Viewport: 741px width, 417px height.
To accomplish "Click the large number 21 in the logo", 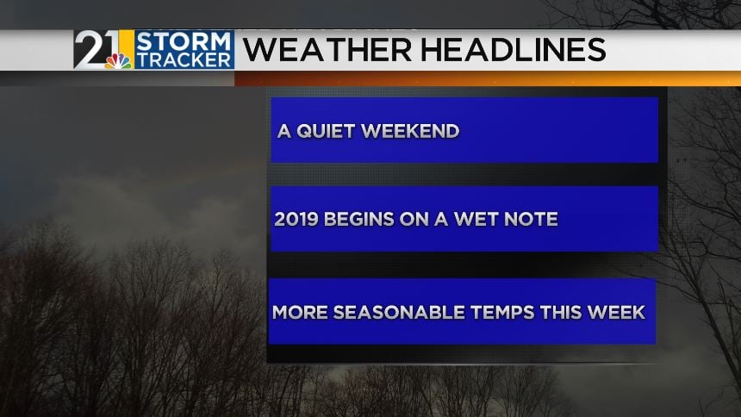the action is (x=97, y=49).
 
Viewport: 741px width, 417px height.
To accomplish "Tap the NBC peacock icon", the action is (x=118, y=61).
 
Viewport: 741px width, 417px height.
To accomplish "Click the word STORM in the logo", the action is (x=183, y=41).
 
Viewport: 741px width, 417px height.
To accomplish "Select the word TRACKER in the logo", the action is (x=184, y=59).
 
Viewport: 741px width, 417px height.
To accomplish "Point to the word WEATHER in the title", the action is (x=327, y=50).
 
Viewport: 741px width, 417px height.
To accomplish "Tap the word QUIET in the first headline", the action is (x=326, y=132).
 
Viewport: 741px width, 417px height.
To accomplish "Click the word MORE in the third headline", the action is (x=300, y=312).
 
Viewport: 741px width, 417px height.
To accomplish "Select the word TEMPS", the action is (x=502, y=312).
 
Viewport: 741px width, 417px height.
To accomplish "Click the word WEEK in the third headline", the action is (x=616, y=312).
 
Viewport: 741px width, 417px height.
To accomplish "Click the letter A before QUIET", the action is (x=284, y=132).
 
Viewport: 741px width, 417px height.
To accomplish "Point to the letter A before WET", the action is (x=441, y=219).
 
